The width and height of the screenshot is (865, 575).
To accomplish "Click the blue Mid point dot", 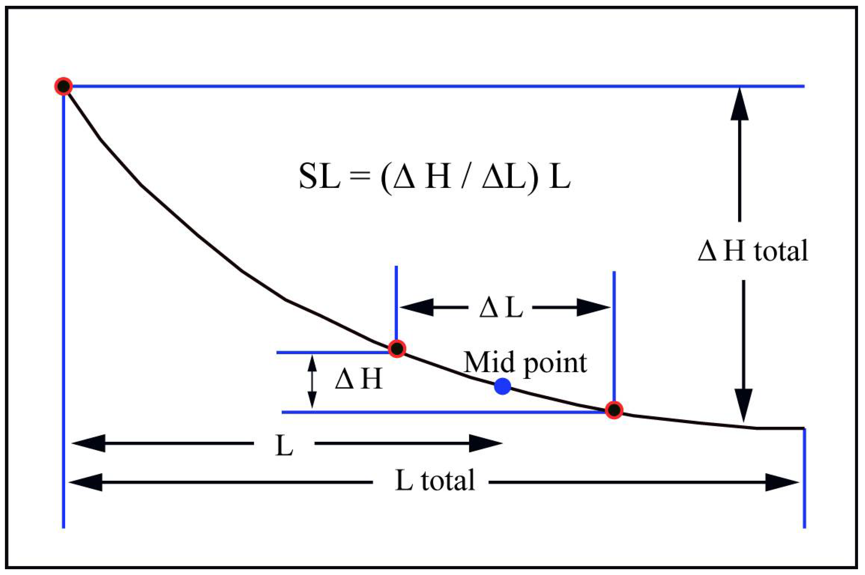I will coord(502,387).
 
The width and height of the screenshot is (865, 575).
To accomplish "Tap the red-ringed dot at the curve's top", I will coord(64,86).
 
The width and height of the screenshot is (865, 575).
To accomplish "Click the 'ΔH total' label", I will coord(752,251).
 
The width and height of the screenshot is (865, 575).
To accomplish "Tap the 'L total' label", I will coord(435,480).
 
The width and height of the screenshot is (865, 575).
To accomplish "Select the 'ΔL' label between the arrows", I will coord(501,307).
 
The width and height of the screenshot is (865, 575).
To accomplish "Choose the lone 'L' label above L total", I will coord(284,446).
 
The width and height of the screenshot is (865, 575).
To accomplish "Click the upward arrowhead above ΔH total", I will coord(739,104).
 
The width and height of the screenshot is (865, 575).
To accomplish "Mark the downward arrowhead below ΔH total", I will coord(743,405).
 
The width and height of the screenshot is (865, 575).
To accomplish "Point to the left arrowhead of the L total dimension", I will coord(86,482).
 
